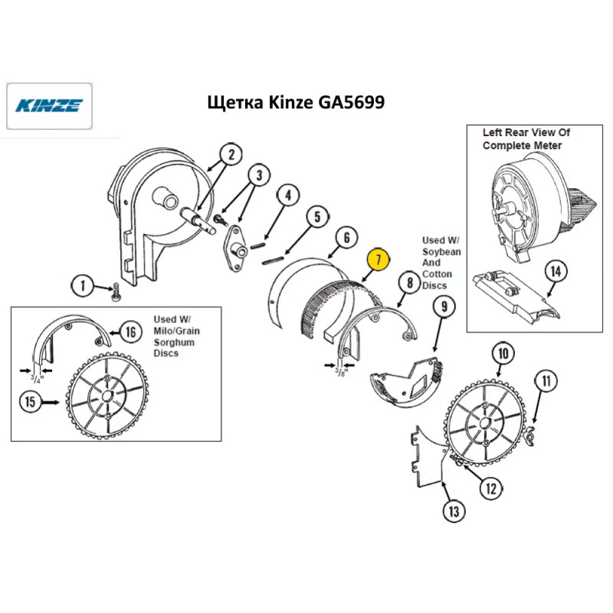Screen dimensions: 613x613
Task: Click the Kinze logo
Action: tap(48, 106)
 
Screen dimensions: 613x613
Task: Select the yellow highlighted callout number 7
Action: tap(378, 260)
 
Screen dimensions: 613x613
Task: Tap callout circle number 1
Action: tap(83, 286)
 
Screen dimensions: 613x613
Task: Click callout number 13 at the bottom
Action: tap(454, 511)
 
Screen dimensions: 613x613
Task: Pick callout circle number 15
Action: tap(30, 403)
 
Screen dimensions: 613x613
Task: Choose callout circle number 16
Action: tap(130, 331)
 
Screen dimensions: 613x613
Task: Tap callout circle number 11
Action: tap(545, 381)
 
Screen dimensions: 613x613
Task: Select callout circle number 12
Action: tap(490, 488)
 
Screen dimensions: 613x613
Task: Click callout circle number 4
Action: tap(288, 196)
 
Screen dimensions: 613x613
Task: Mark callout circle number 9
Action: tap(444, 306)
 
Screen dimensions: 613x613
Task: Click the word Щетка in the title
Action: tap(236, 102)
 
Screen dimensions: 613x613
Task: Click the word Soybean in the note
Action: tap(441, 252)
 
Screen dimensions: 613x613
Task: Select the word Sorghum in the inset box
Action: tap(175, 342)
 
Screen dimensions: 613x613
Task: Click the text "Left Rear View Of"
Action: tap(526, 132)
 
